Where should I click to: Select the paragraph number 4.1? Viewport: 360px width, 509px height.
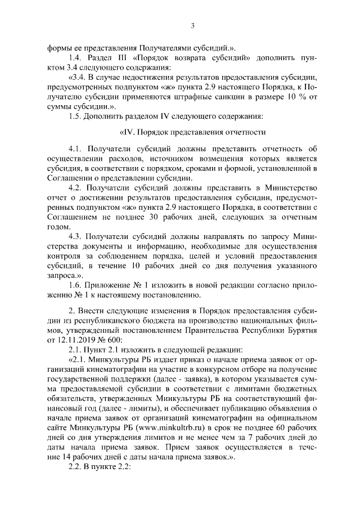point(75,149)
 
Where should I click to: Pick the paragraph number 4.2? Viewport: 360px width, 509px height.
point(75,188)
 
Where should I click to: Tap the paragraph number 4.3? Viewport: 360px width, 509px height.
point(75,236)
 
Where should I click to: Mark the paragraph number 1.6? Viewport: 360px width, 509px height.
point(75,285)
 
